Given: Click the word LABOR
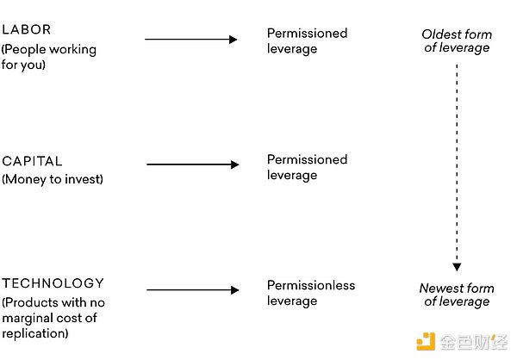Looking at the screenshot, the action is (27, 29).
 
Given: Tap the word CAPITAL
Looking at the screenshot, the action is (32, 161).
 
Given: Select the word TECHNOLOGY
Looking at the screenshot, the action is (53, 283).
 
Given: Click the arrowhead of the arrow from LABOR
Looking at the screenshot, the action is (234, 40).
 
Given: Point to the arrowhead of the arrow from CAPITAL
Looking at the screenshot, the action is (234, 164).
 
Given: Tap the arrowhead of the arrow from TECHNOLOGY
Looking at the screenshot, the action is (234, 290).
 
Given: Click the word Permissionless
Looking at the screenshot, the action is (311, 285).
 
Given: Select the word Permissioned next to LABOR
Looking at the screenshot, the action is (307, 33).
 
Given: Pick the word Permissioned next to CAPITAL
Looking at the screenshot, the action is (307, 159).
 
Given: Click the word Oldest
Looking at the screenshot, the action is (439, 34).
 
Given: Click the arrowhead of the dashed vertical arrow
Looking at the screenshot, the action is (457, 267).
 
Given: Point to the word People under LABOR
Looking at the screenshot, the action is (25, 50).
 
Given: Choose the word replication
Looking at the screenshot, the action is (34, 333).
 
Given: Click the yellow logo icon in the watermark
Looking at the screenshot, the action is (426, 342).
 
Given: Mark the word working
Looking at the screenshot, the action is (73, 50).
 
